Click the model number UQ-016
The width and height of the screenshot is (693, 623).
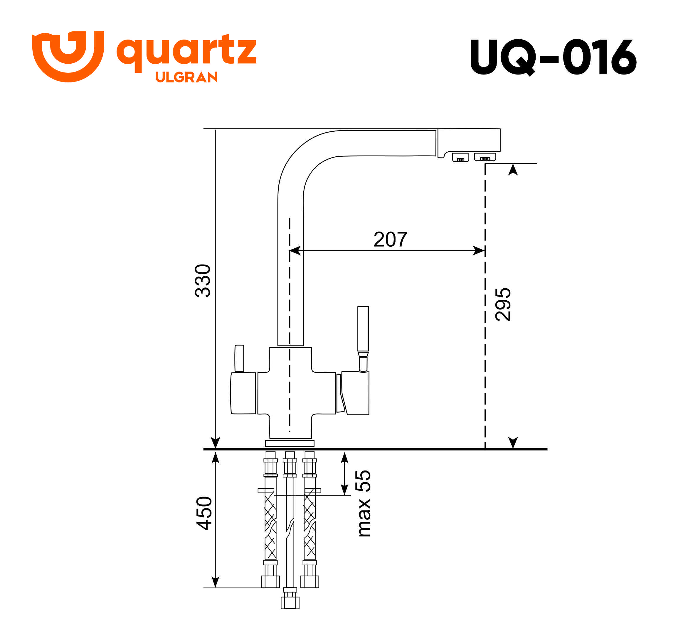pos(553,57)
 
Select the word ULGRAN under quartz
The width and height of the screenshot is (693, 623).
pos(186,77)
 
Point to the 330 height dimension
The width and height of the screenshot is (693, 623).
pos(203,281)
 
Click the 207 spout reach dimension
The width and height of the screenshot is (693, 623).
pos(390,239)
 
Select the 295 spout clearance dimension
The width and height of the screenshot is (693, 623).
pos(503,304)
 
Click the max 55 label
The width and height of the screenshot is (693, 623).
pos(363,503)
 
